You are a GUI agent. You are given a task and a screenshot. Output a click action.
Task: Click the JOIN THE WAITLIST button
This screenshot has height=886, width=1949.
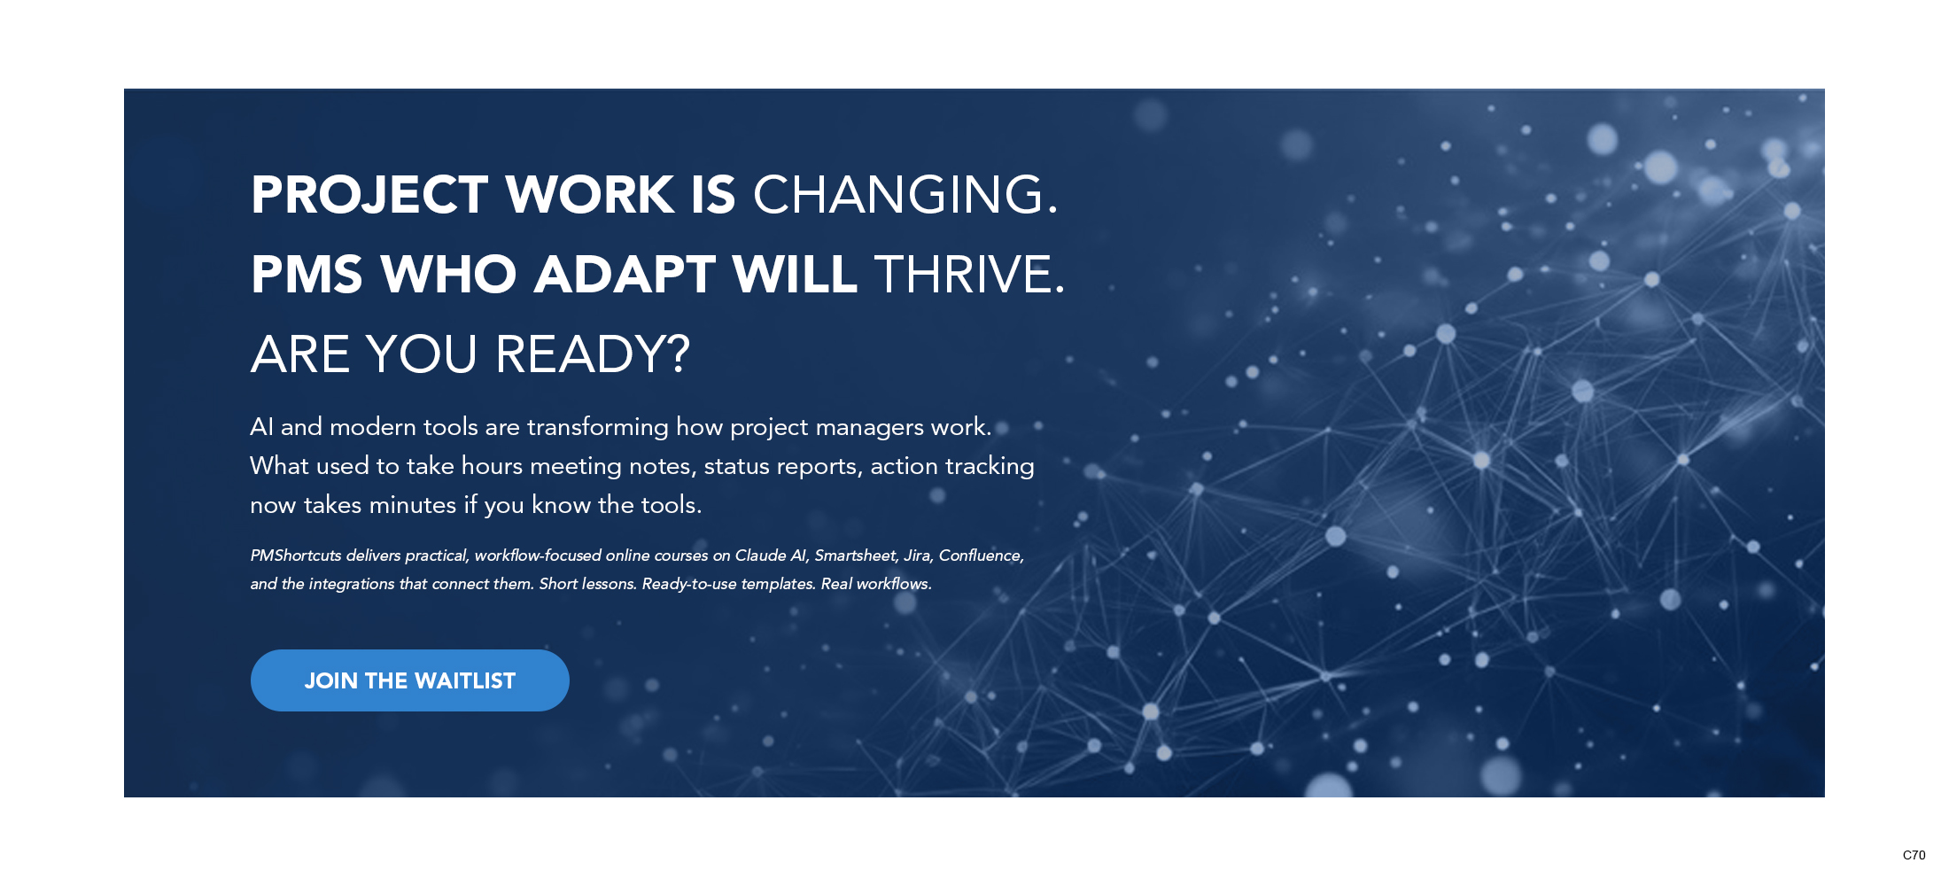409,680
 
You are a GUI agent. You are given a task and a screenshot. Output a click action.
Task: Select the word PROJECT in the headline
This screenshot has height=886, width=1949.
369,195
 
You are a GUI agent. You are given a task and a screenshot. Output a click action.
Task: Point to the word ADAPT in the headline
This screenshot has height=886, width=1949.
625,275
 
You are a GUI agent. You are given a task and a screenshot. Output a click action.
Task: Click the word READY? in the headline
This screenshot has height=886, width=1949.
593,354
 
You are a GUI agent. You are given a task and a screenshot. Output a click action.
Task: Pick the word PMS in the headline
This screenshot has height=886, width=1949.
307,275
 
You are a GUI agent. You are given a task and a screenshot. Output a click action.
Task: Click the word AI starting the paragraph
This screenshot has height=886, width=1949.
261,427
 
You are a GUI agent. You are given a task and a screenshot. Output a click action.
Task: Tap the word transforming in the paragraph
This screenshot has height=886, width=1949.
598,428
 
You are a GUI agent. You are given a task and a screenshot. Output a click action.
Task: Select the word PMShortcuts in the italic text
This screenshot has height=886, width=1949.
296,556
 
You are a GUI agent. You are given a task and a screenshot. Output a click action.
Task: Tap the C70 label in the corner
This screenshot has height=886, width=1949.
1914,855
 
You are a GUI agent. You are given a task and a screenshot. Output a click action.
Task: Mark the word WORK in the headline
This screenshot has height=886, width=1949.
590,195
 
